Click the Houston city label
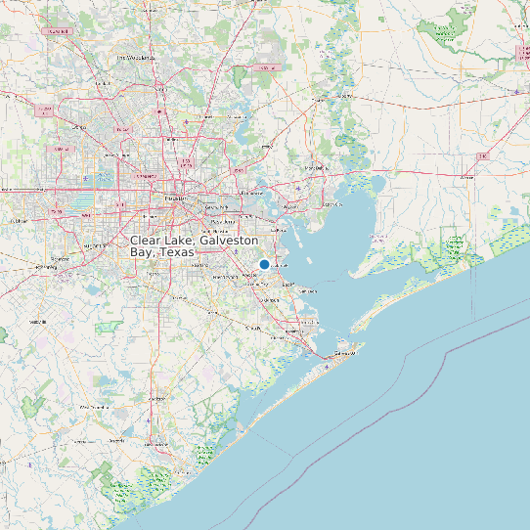[x=175, y=198]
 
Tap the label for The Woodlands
[x=138, y=58]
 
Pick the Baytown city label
[x=290, y=206]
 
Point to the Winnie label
[x=466, y=178]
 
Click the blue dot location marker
[x=264, y=265]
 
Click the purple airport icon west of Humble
[x=186, y=121]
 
